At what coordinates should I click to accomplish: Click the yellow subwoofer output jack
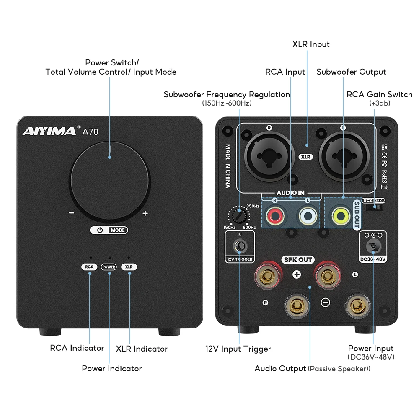(x=340, y=216)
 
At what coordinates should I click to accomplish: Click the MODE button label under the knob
(x=118, y=230)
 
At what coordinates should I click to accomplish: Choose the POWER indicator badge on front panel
(x=109, y=267)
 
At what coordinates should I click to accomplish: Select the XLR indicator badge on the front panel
(x=129, y=267)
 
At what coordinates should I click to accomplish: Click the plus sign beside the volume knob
(x=145, y=213)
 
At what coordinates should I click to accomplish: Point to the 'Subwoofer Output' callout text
(x=351, y=72)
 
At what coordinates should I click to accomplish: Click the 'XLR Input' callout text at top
(x=311, y=44)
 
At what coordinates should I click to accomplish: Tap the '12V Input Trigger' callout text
(x=238, y=349)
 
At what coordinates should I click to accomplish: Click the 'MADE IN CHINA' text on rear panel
(x=228, y=166)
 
